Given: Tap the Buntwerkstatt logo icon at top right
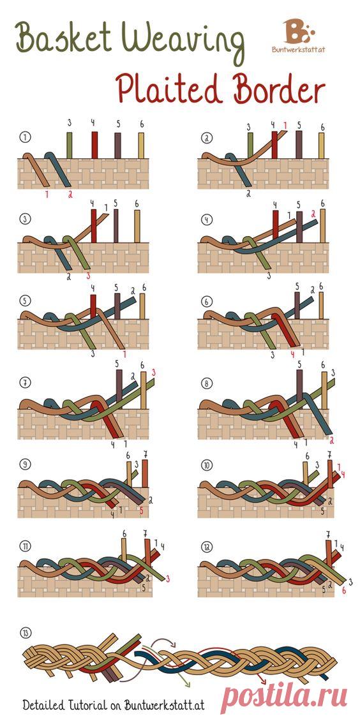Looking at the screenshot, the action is [x=298, y=31].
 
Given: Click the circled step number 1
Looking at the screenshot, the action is [x=24, y=137].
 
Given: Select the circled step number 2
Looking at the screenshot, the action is [x=204, y=137].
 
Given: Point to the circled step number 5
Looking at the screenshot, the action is [x=24, y=302].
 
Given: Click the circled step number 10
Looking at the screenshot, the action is [x=205, y=465].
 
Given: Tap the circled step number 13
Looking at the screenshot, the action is [x=24, y=633].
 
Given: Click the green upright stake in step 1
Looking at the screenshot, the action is [x=70, y=145].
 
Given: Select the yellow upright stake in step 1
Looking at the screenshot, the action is [x=141, y=145].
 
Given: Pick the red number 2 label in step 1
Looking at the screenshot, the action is [x=70, y=195].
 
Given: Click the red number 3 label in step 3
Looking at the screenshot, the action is [x=89, y=276].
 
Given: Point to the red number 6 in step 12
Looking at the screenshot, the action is [x=344, y=591].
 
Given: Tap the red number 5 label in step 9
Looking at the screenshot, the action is [x=142, y=510].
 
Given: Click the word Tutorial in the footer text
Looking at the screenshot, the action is [x=89, y=704].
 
